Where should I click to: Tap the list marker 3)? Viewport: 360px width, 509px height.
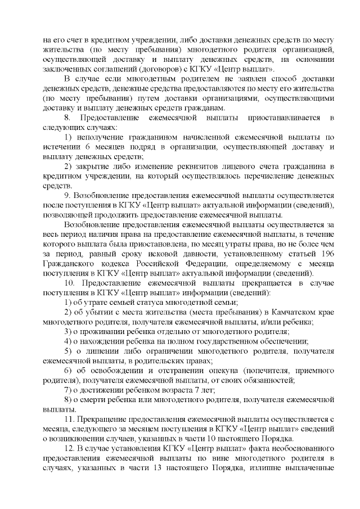(67, 331)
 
